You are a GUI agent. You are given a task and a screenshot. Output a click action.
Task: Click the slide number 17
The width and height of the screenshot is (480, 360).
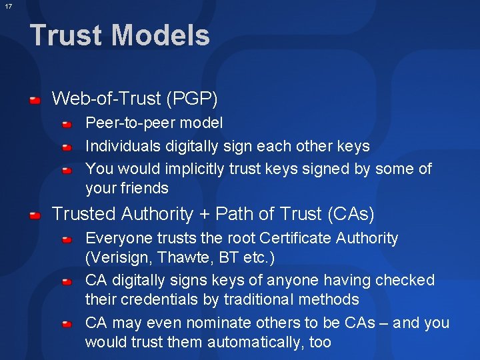click(x=7, y=7)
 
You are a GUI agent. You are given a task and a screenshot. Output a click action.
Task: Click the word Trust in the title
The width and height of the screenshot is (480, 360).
click(x=65, y=35)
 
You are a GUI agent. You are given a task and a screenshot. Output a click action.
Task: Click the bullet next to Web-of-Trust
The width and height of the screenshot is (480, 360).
click(x=35, y=101)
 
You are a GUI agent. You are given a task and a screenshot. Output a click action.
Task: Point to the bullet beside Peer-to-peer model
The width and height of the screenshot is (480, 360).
click(x=68, y=125)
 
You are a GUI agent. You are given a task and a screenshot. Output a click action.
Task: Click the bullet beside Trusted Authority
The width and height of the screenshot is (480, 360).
click(x=35, y=215)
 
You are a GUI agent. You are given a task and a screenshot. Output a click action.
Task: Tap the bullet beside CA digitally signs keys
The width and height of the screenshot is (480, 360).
click(x=68, y=282)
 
